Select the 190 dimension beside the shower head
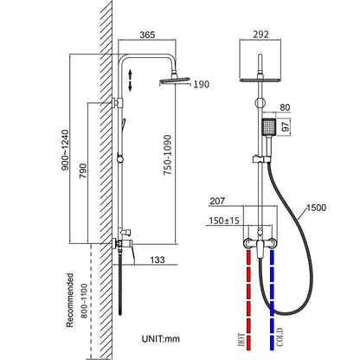201,84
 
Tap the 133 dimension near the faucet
157,259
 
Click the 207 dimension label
217,202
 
